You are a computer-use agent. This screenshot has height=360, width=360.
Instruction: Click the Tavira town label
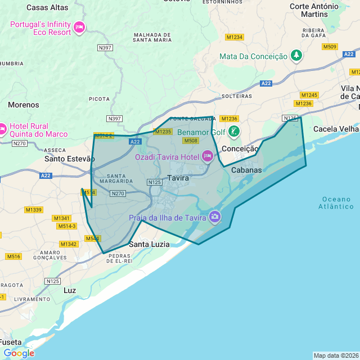coord(178,178)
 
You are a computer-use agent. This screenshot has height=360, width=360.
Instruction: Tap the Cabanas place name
coord(247,170)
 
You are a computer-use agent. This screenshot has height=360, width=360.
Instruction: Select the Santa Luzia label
coord(149,244)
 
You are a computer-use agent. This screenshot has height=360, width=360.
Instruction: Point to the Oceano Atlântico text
coord(337,202)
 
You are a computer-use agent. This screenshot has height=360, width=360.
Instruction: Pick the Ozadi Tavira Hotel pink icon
coord(207,156)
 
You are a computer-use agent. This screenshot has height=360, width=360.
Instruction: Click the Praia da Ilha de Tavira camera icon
coord(214,217)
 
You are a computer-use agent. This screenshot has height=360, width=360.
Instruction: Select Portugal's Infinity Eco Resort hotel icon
coord(79,27)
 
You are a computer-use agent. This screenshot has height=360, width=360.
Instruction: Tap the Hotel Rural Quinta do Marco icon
coord(2,129)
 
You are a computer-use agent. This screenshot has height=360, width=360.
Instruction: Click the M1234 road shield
coord(234,37)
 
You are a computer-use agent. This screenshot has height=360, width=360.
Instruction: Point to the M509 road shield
coord(330,47)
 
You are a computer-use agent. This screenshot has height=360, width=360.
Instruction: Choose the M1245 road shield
coord(309,95)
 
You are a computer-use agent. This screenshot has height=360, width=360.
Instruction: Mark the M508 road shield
coord(190,141)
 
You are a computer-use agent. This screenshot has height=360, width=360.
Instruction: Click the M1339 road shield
coord(33,210)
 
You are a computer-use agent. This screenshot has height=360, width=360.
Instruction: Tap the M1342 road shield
coord(68,244)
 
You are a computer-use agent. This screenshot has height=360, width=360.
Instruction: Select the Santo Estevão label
coord(65,159)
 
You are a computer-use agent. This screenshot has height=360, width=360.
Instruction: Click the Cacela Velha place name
coord(336,129)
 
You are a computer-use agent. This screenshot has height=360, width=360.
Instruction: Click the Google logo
coord(19,353)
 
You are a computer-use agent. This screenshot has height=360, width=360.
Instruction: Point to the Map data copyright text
coord(335,355)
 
